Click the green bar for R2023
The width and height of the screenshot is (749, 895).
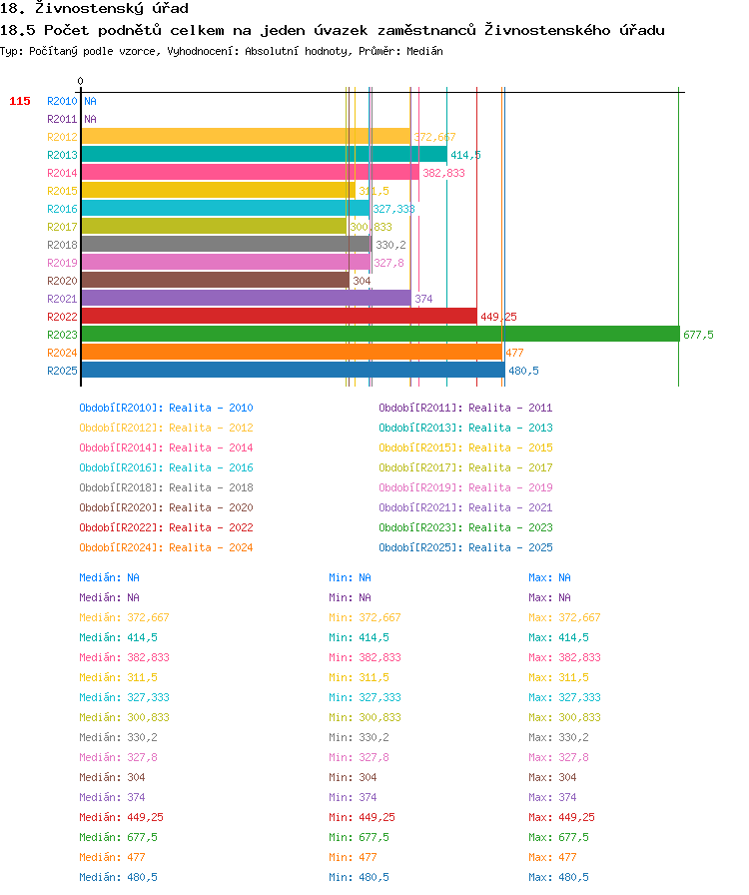[x=380, y=334]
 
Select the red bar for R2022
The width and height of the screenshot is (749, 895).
[x=280, y=317]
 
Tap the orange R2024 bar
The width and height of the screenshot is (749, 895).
[x=292, y=353]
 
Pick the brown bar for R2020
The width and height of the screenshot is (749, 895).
[x=216, y=281]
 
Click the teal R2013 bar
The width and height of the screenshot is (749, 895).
[x=265, y=154]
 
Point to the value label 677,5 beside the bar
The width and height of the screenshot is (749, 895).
[x=698, y=335]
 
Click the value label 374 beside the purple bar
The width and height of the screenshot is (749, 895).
[x=423, y=299]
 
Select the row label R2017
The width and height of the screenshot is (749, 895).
[x=62, y=227]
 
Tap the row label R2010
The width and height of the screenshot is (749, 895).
[x=62, y=101]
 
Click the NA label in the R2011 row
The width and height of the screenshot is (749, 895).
[x=90, y=119]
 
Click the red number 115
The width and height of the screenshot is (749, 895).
[x=20, y=101]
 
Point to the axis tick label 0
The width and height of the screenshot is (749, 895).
[x=81, y=81]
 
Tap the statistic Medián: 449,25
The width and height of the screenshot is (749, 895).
[x=121, y=817]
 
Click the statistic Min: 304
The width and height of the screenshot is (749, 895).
[x=353, y=777]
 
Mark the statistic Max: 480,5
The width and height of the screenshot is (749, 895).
[x=559, y=877]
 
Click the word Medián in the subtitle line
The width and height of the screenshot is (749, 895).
[x=424, y=51]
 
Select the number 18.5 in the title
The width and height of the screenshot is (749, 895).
[x=17, y=30]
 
